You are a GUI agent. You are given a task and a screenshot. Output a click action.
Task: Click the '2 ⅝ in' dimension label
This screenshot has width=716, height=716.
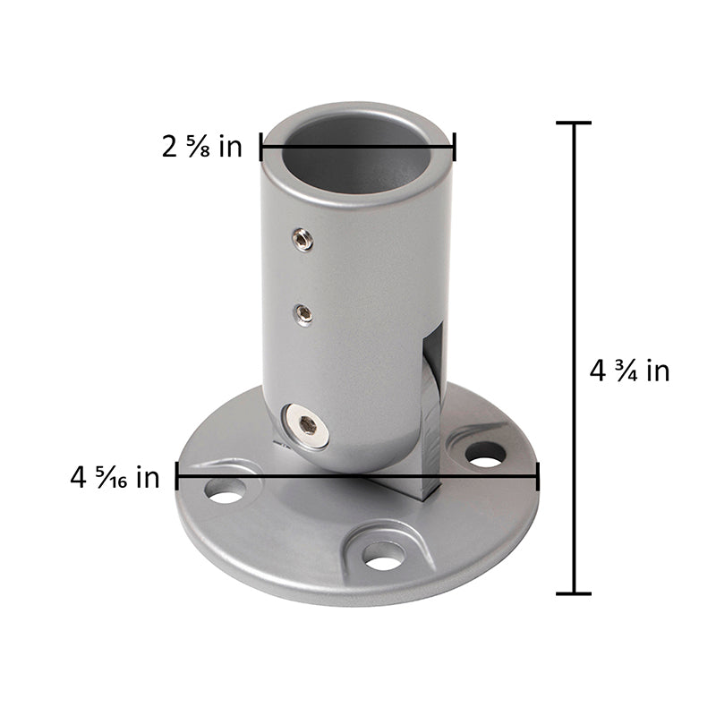tap(202, 147)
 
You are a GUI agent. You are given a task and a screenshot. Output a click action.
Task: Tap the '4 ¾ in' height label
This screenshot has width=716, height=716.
tap(630, 370)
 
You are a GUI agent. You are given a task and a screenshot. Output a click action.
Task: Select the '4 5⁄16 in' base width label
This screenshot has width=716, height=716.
tap(115, 477)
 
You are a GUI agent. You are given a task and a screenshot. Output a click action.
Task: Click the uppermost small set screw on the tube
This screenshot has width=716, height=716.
tap(304, 239)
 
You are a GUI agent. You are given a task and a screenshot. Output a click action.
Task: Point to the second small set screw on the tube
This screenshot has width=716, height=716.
tap(304, 313)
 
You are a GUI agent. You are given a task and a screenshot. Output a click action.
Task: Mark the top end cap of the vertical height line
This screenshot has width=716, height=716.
tap(574, 123)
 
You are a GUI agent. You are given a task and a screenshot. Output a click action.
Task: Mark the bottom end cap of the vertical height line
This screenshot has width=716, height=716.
tap(574, 592)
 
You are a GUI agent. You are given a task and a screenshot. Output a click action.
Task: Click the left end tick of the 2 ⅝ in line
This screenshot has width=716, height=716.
tap(261, 147)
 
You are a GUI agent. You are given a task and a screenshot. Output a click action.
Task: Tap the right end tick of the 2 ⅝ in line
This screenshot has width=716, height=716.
tap(455, 147)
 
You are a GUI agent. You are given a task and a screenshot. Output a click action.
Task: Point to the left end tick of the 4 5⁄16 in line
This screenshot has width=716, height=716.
tap(177, 476)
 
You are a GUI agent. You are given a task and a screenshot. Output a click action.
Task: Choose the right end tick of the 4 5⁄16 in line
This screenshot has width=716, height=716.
tap(538, 476)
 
